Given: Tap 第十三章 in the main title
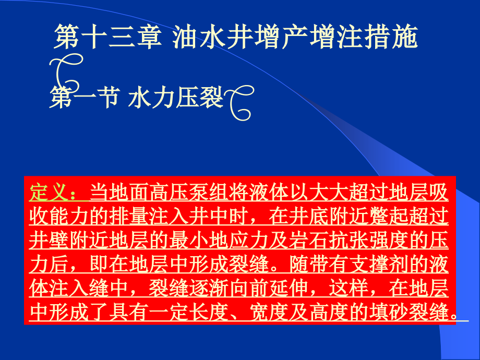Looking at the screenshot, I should point(106,38).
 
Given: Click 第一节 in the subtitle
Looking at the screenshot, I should point(82,98).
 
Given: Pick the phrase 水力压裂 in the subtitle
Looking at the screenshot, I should point(175,98).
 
